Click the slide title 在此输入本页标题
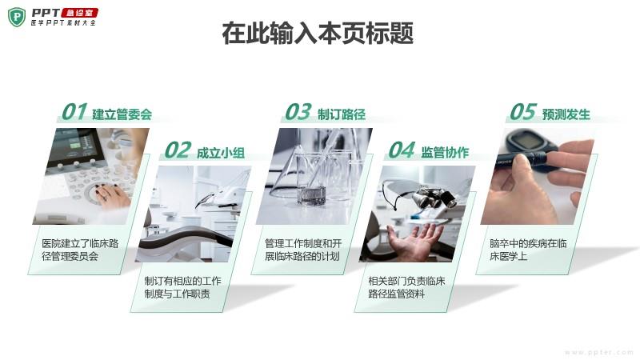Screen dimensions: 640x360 (x=318, y=34)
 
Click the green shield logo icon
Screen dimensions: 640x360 (x=17, y=17)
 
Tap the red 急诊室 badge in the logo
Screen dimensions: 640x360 (x=79, y=13)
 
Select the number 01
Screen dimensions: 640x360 (x=74, y=112)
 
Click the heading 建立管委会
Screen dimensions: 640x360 (x=122, y=114)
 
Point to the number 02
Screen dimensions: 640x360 (x=178, y=150)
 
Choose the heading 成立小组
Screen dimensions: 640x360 (x=221, y=153)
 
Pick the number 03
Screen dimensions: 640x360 (x=298, y=112)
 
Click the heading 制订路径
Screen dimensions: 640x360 (x=342, y=114)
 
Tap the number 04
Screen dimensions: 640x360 (x=402, y=150)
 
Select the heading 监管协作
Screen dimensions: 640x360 (x=445, y=153)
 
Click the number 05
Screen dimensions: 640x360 (x=523, y=112)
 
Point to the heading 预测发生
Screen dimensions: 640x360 (x=566, y=114)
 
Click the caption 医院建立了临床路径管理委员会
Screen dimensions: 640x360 (x=80, y=250)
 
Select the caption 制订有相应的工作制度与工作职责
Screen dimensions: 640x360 (x=183, y=287)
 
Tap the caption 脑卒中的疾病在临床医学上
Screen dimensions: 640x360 (x=528, y=250)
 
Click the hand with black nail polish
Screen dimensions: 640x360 (x=111, y=196)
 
